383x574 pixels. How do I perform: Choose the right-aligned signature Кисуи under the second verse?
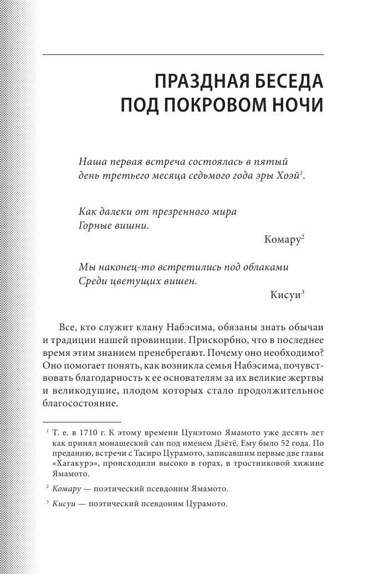[284, 295]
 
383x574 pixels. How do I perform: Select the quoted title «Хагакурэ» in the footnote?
[75, 464]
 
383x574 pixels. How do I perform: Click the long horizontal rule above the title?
[183, 55]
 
